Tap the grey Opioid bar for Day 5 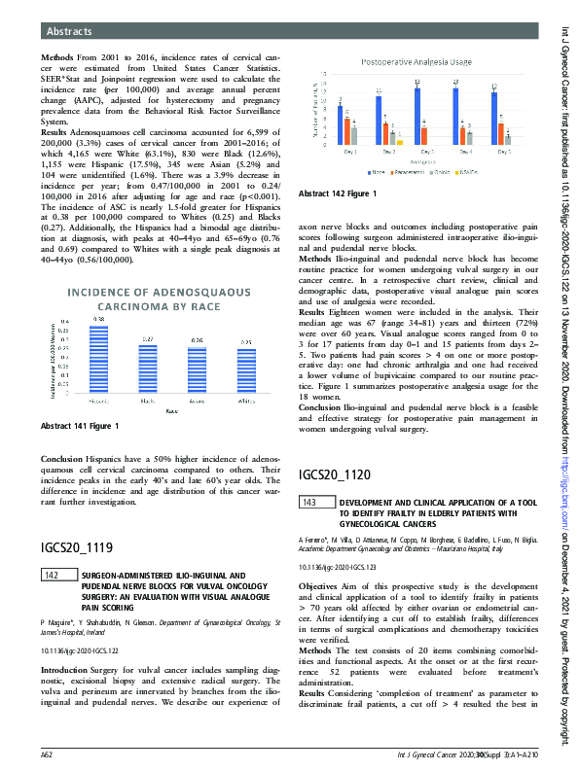pyautogui.click(x=508, y=138)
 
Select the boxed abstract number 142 pyautogui.click(x=54, y=576)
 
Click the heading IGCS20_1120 pyautogui.click(x=336, y=475)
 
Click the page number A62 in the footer pyautogui.click(x=46, y=754)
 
